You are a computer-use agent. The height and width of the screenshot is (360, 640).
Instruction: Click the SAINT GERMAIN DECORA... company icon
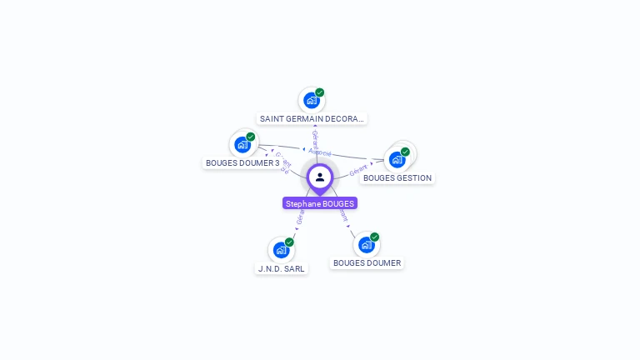312,101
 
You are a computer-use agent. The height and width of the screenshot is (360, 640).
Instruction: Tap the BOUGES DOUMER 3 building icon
242,144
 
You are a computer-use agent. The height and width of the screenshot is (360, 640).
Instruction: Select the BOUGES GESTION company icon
397,159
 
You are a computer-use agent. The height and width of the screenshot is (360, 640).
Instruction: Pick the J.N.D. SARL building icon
282,250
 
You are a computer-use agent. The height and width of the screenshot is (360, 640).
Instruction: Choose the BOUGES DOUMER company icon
367,245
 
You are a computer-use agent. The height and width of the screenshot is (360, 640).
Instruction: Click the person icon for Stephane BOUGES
320,177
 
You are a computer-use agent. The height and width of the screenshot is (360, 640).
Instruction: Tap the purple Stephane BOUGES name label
320,203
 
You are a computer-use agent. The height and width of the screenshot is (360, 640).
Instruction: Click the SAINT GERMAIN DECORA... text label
312,119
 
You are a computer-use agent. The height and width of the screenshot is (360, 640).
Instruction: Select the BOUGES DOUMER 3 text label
242,163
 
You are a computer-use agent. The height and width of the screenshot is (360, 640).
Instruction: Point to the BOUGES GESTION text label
397,178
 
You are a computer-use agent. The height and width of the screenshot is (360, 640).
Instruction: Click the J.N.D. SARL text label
282,268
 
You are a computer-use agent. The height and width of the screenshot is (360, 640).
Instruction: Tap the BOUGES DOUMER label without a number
367,263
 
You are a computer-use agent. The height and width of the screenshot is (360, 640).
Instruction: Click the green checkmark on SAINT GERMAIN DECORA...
320,92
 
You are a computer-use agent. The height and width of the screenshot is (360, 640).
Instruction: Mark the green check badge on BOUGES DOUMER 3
251,137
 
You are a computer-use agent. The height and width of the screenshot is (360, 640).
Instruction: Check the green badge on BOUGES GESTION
405,152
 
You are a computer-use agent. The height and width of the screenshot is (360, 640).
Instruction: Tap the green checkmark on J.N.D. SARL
289,242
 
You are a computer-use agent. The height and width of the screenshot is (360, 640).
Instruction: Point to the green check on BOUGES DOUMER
375,237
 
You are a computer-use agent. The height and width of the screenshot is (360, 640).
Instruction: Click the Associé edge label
320,152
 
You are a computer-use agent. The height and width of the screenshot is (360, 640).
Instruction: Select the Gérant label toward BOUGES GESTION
358,169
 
